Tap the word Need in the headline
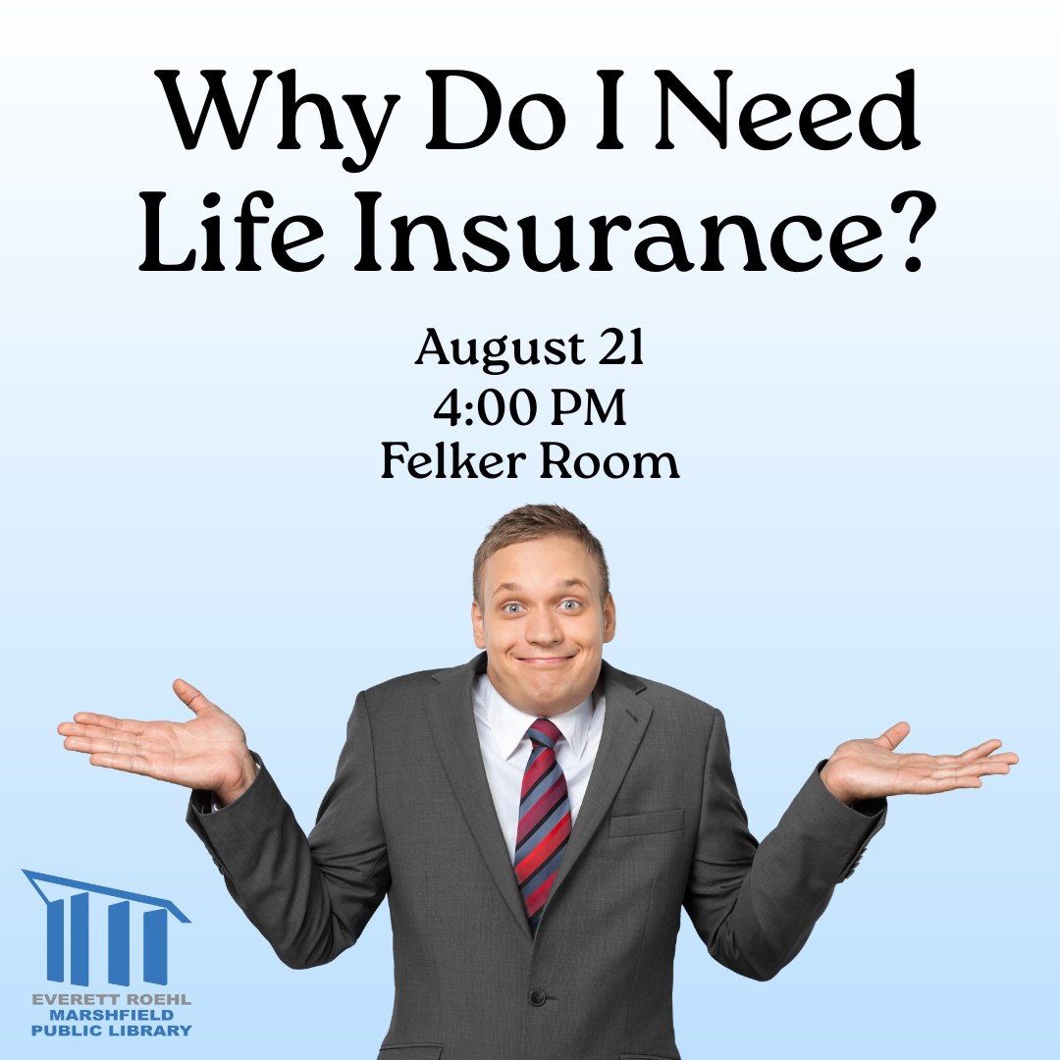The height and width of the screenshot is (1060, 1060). click(787, 110)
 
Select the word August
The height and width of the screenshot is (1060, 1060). click(500, 350)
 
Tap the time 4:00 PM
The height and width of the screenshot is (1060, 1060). click(530, 407)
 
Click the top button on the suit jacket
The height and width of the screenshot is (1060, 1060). click(538, 996)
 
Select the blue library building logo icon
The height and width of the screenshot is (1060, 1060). click(107, 927)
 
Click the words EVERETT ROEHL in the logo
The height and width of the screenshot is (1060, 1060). click(112, 998)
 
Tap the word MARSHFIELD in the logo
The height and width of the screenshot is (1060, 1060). click(112, 1015)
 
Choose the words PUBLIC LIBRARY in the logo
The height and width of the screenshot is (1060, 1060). click(112, 1031)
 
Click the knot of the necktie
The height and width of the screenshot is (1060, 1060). click(544, 732)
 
